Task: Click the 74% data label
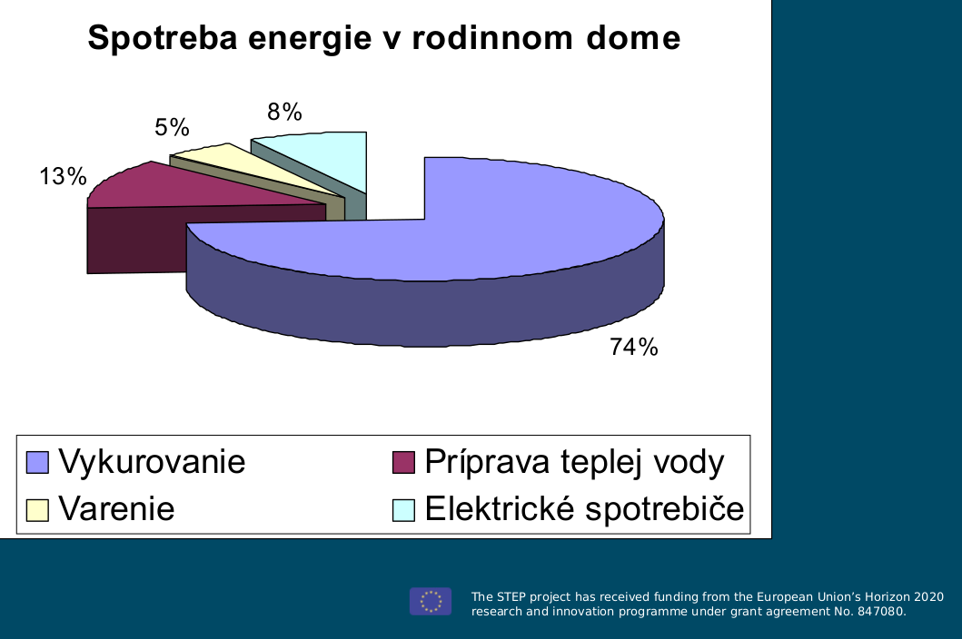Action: click(634, 347)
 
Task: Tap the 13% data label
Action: click(64, 177)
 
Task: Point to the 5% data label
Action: click(172, 128)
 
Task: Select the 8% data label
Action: click(284, 113)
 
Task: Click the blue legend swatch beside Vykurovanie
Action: click(37, 462)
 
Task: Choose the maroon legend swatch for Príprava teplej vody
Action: click(403, 462)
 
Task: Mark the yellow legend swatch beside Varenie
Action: click(37, 510)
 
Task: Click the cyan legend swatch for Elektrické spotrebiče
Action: click(403, 510)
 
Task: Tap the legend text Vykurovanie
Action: click(152, 462)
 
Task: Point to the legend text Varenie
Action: click(116, 509)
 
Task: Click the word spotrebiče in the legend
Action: click(664, 508)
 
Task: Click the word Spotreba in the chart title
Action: click(163, 38)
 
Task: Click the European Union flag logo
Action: click(431, 602)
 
